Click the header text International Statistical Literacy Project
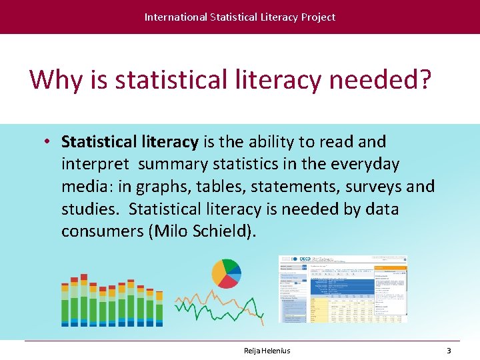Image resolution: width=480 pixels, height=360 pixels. pyautogui.click(x=240, y=17)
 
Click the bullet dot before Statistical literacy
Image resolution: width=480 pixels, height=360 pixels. pyautogui.click(x=49, y=142)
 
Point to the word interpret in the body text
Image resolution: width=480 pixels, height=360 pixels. pyautogui.click(x=96, y=165)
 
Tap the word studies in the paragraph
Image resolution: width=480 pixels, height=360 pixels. pyautogui.click(x=89, y=209)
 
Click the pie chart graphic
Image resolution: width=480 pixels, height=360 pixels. pyautogui.click(x=226, y=273)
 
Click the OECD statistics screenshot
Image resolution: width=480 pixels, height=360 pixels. pyautogui.click(x=343, y=289)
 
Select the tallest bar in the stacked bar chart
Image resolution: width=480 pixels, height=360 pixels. pyautogui.click(x=83, y=300)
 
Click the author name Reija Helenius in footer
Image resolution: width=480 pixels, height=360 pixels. pyautogui.click(x=267, y=351)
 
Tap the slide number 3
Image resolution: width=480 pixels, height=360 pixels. pyautogui.click(x=449, y=351)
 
